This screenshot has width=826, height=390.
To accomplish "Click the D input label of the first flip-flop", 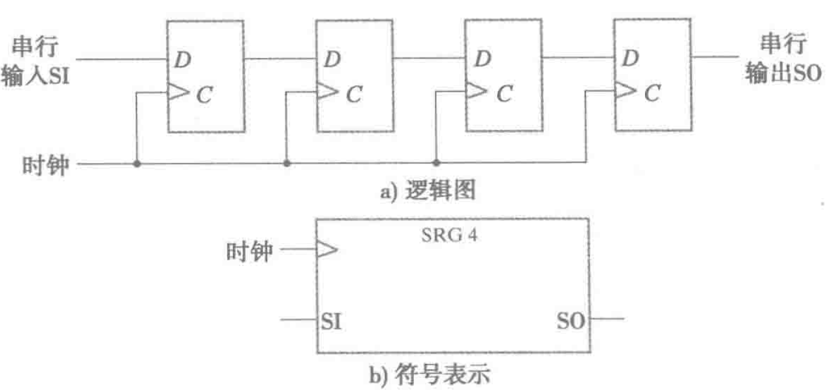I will [181, 60].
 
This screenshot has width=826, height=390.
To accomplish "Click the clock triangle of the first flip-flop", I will [177, 92].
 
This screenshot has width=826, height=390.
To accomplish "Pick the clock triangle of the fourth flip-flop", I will [624, 91].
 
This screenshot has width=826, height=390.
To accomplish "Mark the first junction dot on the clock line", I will [137, 164].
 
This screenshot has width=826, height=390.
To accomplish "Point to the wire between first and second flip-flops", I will [281, 59].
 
